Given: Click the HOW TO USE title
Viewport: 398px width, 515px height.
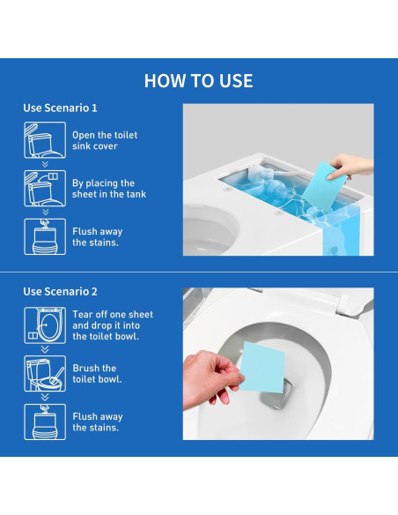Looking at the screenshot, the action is (199, 81).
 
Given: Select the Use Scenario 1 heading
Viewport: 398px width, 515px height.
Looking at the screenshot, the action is (60, 108).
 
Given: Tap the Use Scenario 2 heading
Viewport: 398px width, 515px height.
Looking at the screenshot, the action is (60, 291).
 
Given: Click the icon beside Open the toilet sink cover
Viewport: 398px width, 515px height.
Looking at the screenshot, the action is (45, 140).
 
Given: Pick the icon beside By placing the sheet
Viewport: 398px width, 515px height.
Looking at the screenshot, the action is (45, 188).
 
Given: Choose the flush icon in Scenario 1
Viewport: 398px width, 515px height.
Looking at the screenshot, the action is (45, 236).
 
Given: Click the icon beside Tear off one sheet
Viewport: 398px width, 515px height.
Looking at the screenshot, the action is (45, 325).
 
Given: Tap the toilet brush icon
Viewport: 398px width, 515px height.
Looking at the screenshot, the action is (45, 373).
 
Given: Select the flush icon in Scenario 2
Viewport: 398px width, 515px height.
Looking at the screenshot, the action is (45, 422).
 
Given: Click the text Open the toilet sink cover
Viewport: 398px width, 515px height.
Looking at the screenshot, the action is (105, 140).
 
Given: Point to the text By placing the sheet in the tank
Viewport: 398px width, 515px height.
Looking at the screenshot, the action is (109, 189).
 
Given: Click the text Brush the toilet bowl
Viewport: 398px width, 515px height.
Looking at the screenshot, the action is (98, 373).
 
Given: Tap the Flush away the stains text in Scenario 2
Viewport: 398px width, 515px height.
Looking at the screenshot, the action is (98, 422).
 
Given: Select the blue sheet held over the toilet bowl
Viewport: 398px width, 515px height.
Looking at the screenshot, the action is (262, 367).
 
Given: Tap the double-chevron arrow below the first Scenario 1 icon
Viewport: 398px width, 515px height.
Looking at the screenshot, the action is (45, 164).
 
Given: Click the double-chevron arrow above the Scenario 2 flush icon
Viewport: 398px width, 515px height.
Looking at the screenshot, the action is (45, 398).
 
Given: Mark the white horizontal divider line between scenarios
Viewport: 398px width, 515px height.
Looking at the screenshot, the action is (199, 272).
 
